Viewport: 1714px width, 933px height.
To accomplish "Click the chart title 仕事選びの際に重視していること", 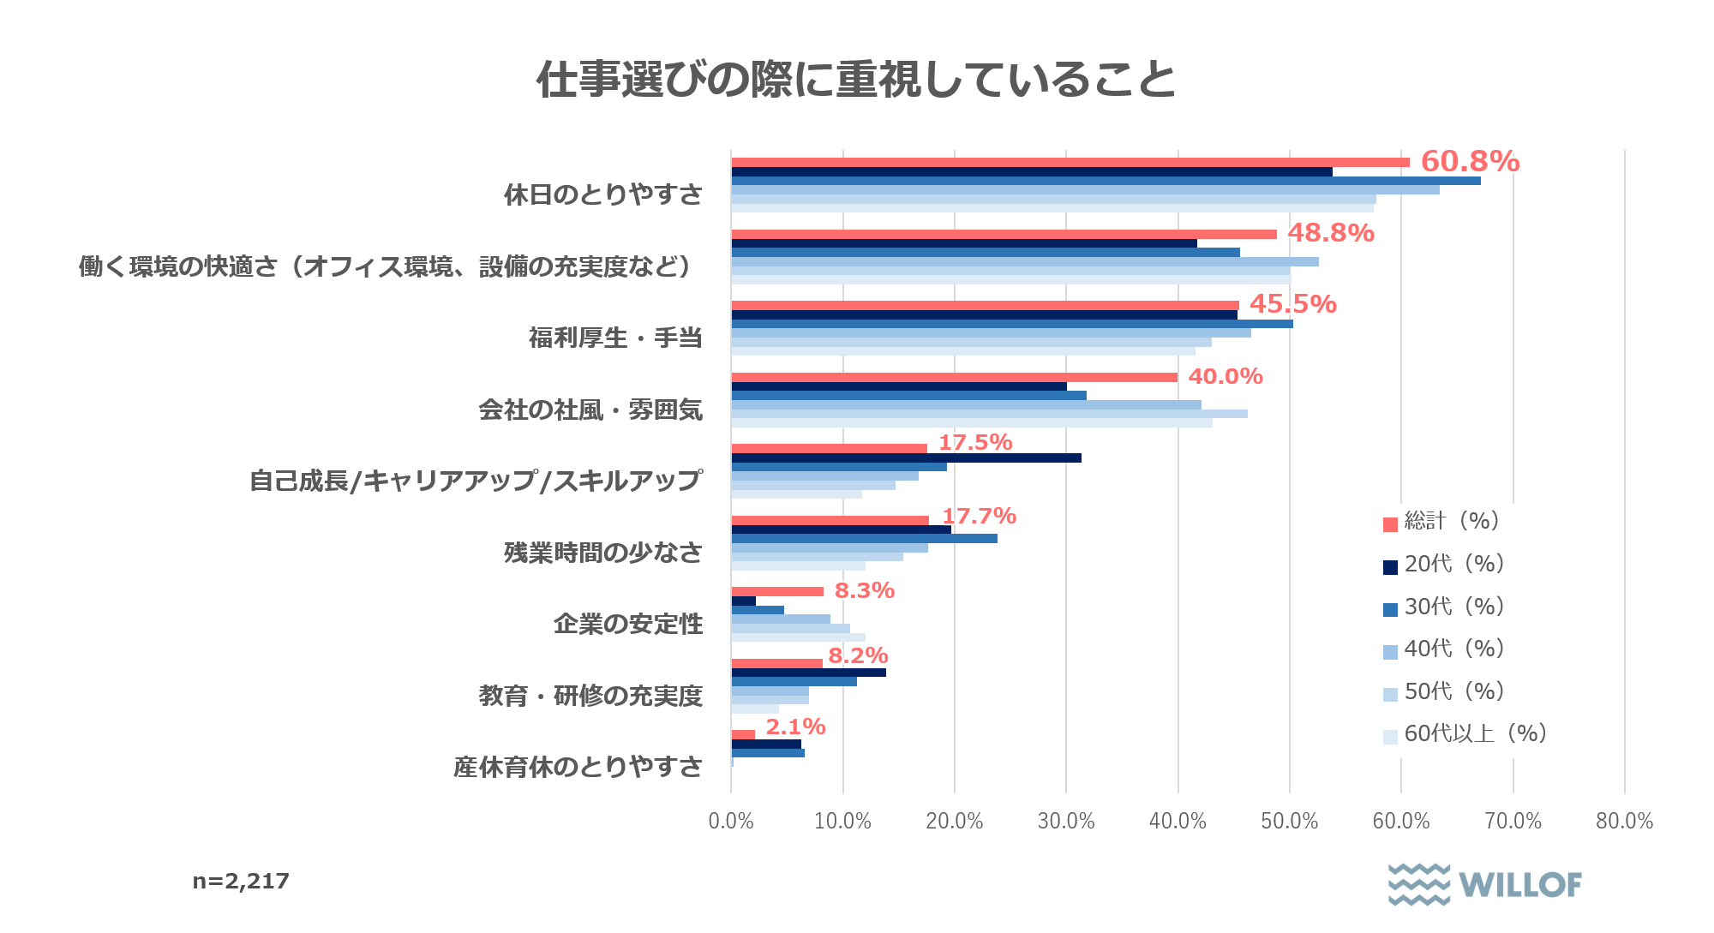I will pyautogui.click(x=856, y=80).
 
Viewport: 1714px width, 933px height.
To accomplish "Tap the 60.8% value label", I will pyautogui.click(x=1470, y=161).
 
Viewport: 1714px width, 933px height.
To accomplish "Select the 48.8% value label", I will pyautogui.click(x=1330, y=233).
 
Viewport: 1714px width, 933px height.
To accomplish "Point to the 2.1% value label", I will pyautogui.click(x=795, y=727).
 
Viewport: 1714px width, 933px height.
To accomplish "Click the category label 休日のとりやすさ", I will pyautogui.click(x=603, y=194).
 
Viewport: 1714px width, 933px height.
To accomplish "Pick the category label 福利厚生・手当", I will pyautogui.click(x=615, y=338).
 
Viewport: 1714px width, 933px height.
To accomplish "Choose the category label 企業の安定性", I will pyautogui.click(x=628, y=624).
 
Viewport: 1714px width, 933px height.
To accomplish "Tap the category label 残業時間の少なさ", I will pyautogui.click(x=603, y=553).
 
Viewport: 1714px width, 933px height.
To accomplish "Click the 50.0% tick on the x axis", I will pyautogui.click(x=1289, y=821).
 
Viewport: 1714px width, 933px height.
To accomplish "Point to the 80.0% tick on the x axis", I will pyautogui.click(x=1624, y=821).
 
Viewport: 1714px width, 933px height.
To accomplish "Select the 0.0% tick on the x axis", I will pyautogui.click(x=731, y=821).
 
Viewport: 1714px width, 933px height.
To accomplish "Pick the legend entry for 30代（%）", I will pyautogui.click(x=1445, y=607).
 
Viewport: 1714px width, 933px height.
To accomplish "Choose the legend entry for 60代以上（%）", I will pyautogui.click(x=1465, y=734).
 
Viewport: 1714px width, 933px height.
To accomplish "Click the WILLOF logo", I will pyautogui.click(x=1484, y=884).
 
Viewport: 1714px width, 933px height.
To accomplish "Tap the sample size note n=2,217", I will pyautogui.click(x=241, y=881).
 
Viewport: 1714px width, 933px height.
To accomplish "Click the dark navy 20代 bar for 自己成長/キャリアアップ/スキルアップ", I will pyautogui.click(x=906, y=458).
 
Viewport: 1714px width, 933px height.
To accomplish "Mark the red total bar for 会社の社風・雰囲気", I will pyautogui.click(x=954, y=377).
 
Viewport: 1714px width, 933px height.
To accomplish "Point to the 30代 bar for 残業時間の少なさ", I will pyautogui.click(x=864, y=538).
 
